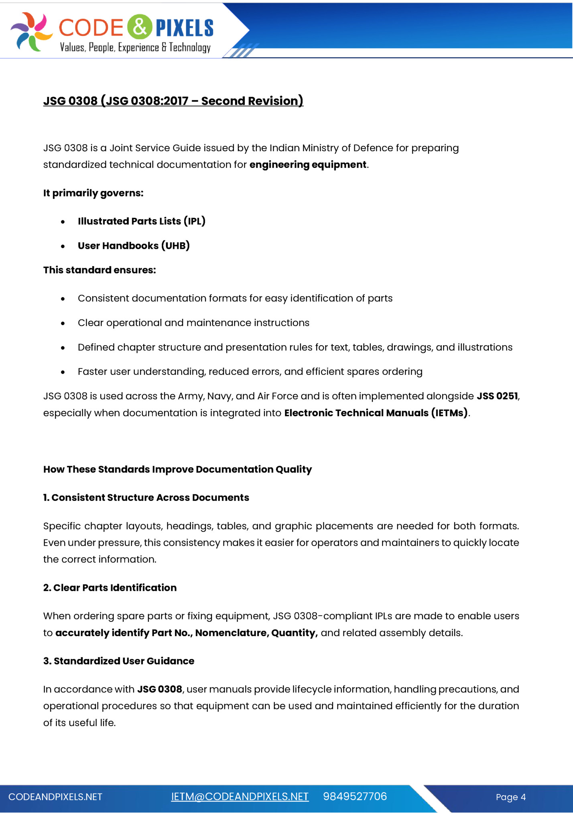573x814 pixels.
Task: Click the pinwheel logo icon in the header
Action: [31, 31]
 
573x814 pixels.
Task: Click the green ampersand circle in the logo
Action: [140, 27]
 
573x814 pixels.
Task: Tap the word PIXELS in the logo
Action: [184, 28]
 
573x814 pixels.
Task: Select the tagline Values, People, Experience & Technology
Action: [135, 48]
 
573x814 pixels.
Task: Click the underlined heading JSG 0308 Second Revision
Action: [173, 101]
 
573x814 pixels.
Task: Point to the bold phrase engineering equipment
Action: [308, 165]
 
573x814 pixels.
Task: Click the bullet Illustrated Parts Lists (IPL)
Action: [141, 221]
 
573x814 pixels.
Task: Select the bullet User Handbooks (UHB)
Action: [134, 246]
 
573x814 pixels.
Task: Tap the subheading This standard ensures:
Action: [100, 270]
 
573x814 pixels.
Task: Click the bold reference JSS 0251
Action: [497, 396]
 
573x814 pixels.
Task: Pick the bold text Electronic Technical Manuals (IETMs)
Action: [376, 413]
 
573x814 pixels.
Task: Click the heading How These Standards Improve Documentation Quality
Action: [177, 470]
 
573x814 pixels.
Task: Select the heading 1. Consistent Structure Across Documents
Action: [146, 498]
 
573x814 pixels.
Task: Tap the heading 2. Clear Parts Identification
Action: [110, 588]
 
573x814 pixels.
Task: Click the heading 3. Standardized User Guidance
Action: [119, 661]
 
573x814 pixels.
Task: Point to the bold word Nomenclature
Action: [232, 633]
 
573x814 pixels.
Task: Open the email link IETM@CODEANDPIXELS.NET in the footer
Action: [240, 797]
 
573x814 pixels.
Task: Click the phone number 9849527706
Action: [355, 797]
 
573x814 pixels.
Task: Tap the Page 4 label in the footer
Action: [510, 797]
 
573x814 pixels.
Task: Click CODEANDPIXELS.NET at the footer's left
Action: [55, 797]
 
